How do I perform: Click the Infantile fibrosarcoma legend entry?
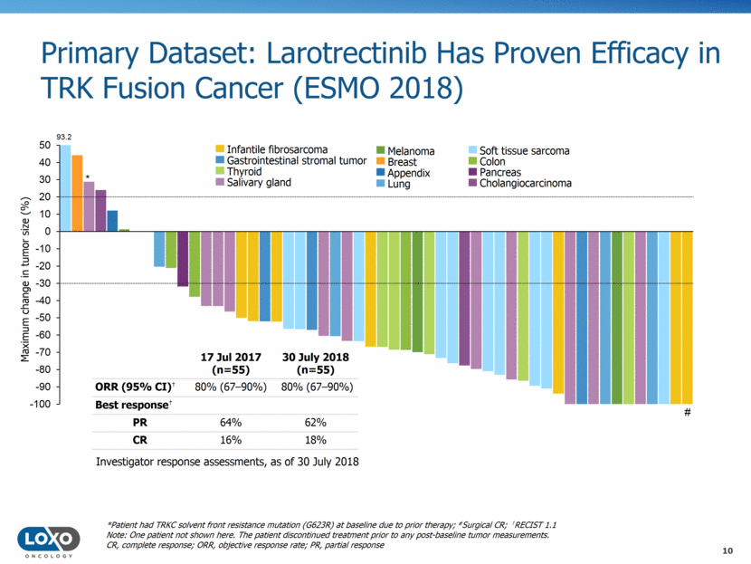point(271,149)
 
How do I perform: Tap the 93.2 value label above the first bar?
point(64,137)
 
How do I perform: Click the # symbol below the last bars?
point(688,413)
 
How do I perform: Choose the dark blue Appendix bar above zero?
point(112,221)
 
